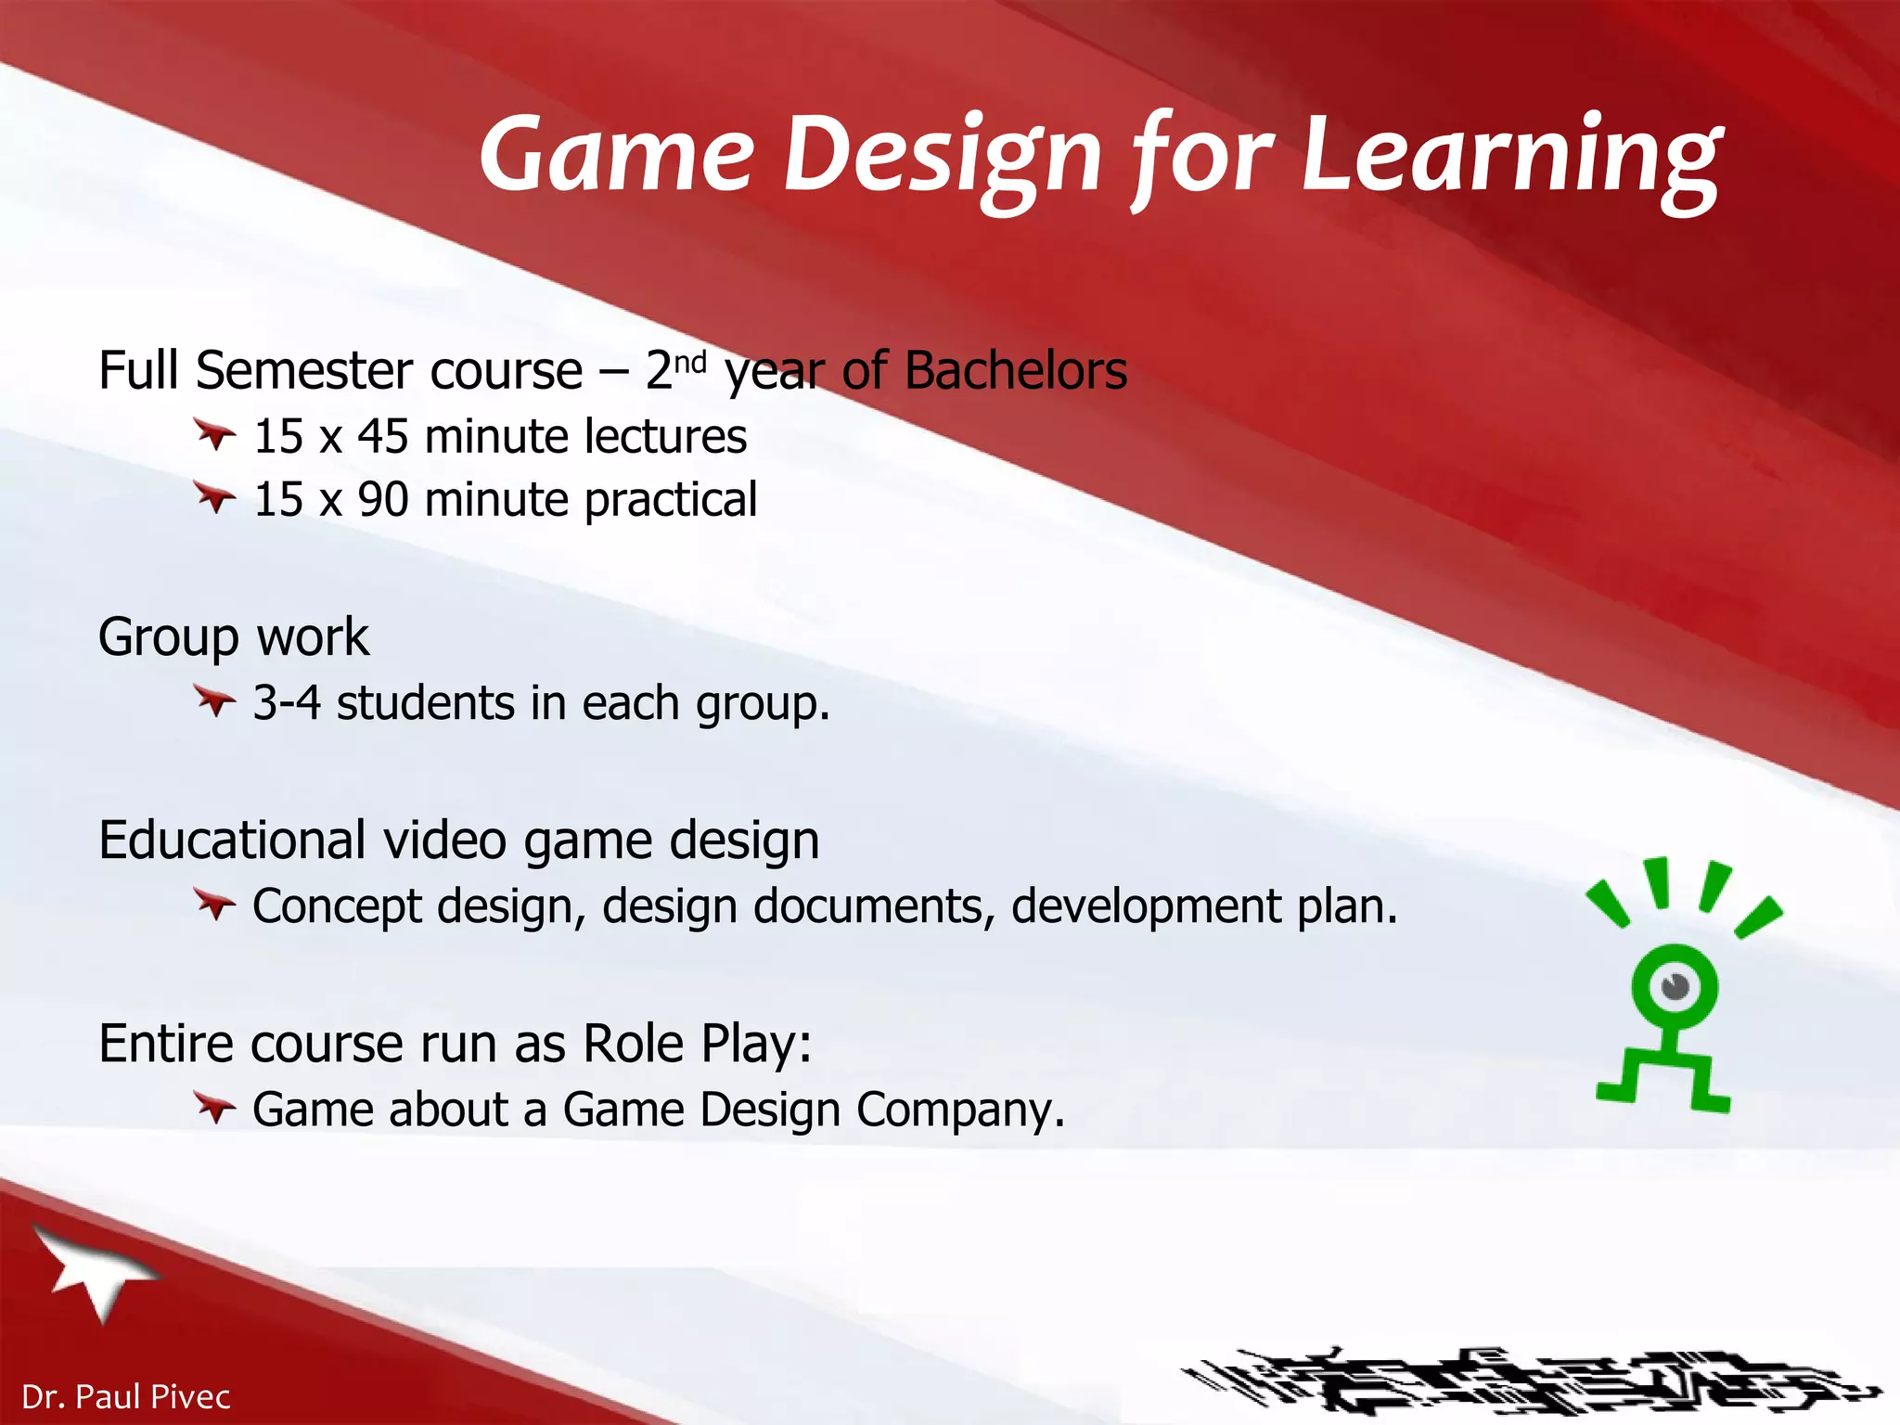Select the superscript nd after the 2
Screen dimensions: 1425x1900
coord(690,360)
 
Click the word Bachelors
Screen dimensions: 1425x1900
coord(1015,370)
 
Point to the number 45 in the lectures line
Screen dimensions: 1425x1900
coord(382,436)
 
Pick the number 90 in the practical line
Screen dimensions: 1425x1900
coord(382,499)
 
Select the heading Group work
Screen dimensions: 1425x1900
coord(234,637)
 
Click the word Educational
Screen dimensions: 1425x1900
coord(231,841)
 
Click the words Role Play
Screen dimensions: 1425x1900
coord(696,1044)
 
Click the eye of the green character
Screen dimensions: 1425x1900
coord(1675,985)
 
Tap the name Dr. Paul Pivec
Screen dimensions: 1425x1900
coord(125,1396)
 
